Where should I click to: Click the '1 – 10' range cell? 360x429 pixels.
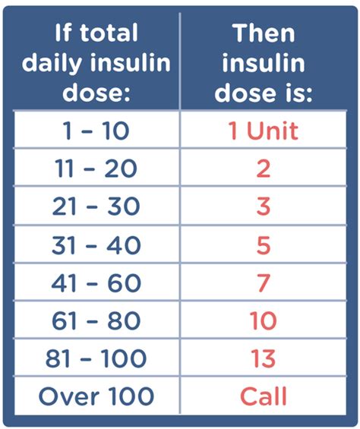pyautogui.click(x=96, y=131)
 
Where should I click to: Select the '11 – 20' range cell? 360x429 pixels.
pyautogui.click(x=96, y=169)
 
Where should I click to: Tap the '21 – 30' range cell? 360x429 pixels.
pyautogui.click(x=96, y=207)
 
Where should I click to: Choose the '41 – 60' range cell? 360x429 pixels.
pyautogui.click(x=96, y=283)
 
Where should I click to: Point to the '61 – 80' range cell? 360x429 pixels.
pyautogui.click(x=96, y=321)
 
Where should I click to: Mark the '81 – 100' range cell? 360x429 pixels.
pyautogui.click(x=96, y=358)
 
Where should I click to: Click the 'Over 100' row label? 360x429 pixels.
pyautogui.click(x=96, y=396)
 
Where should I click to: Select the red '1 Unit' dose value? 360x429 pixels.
pyautogui.click(x=263, y=131)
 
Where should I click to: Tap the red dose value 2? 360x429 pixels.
pyautogui.click(x=263, y=169)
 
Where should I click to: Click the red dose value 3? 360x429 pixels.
pyautogui.click(x=263, y=207)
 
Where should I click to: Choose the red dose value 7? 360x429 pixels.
pyautogui.click(x=263, y=283)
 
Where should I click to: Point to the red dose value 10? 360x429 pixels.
pyautogui.click(x=263, y=321)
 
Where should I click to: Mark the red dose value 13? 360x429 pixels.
pyautogui.click(x=263, y=358)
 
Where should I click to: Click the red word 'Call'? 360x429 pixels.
pyautogui.click(x=263, y=396)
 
